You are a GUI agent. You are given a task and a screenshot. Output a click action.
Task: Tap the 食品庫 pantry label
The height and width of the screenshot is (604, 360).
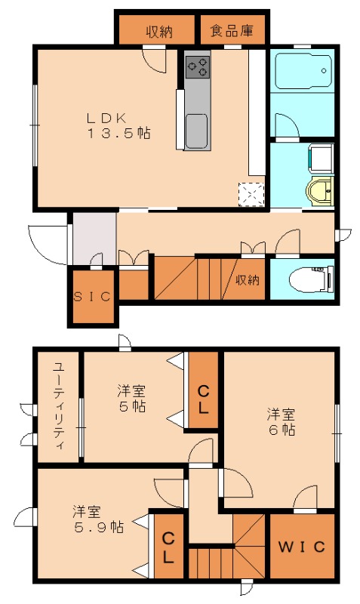click(x=231, y=31)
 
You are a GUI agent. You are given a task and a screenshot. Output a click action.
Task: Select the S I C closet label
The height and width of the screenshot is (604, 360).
click(x=92, y=296)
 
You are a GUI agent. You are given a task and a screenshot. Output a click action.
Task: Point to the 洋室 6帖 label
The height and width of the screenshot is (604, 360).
click(x=280, y=422)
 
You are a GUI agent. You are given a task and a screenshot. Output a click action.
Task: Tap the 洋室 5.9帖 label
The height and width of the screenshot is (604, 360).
click(x=88, y=519)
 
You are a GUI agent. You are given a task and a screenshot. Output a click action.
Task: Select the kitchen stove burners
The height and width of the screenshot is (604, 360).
click(x=198, y=66)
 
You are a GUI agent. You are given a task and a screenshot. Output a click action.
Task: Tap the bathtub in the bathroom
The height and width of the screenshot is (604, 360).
click(x=302, y=72)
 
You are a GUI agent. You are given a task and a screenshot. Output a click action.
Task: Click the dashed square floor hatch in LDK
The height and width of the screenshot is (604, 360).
click(x=251, y=194)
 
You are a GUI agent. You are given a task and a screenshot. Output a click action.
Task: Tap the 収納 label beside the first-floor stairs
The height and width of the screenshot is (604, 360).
click(x=248, y=280)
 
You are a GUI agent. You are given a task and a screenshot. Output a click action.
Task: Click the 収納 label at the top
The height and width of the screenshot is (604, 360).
click(x=159, y=31)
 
